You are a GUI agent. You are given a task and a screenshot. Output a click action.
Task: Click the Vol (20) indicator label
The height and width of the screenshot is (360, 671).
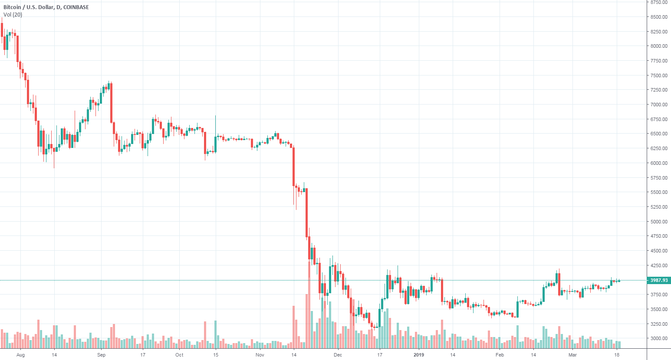click(x=13, y=15)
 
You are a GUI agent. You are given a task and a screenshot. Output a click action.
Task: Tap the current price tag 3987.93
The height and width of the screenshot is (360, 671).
click(x=658, y=280)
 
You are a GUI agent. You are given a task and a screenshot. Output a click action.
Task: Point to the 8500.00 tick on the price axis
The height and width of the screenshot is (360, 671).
click(x=658, y=17)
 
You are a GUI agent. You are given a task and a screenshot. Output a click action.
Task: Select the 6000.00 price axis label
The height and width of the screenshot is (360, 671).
click(x=658, y=163)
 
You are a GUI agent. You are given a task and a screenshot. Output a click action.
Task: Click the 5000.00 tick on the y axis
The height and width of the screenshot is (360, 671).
click(x=658, y=222)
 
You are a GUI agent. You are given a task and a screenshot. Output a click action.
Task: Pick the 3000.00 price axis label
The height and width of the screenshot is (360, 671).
click(x=658, y=339)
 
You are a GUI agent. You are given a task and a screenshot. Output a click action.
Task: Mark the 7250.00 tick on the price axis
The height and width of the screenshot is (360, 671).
click(x=658, y=90)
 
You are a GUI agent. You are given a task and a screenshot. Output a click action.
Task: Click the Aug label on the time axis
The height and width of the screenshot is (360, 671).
click(x=20, y=355)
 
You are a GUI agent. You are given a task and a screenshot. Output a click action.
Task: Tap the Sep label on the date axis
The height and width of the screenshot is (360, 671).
click(x=101, y=355)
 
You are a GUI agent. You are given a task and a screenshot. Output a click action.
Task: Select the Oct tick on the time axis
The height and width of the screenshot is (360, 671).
click(x=179, y=355)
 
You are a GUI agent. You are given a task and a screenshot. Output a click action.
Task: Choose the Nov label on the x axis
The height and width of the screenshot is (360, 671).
click(x=260, y=355)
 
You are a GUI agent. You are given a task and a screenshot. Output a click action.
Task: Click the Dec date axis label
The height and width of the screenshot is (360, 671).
click(x=338, y=355)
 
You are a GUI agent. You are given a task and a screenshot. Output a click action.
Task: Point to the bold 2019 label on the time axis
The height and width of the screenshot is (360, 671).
click(x=418, y=355)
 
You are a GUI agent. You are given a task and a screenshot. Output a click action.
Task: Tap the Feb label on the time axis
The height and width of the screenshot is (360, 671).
click(x=500, y=355)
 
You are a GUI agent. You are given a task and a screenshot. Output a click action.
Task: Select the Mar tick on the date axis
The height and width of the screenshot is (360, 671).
click(x=572, y=355)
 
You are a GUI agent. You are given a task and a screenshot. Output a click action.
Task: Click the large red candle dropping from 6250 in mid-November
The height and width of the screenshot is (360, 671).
click(x=294, y=167)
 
